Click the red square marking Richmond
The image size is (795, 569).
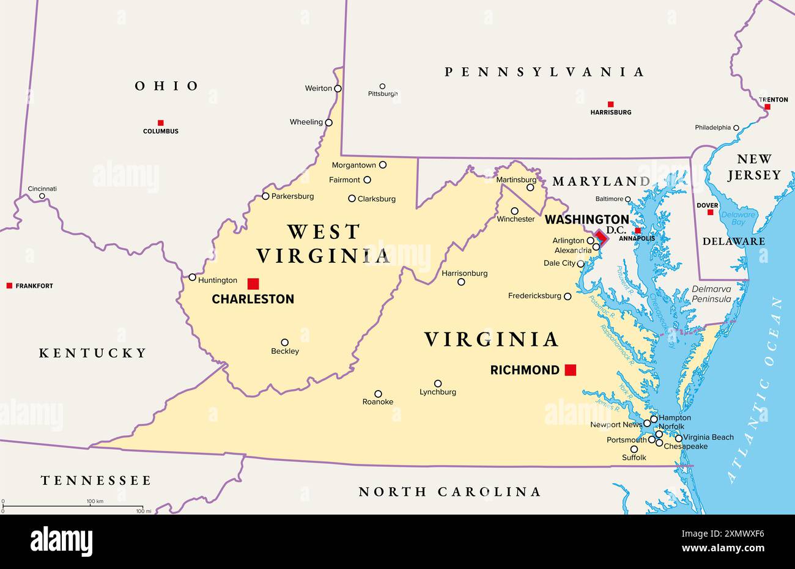pyautogui.click(x=570, y=370)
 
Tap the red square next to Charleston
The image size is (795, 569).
pyautogui.click(x=253, y=284)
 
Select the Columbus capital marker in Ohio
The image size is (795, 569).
pyautogui.click(x=161, y=122)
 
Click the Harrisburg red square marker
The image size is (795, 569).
pyautogui.click(x=610, y=104)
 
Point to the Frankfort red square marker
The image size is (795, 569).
pyautogui.click(x=9, y=285)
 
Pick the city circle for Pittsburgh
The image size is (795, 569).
pyautogui.click(x=382, y=86)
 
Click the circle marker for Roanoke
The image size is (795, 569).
pyautogui.click(x=378, y=394)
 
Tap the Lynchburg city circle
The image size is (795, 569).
pyautogui.click(x=438, y=383)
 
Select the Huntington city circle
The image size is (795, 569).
pyautogui.click(x=193, y=277)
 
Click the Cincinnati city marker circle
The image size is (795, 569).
pyautogui.click(x=42, y=196)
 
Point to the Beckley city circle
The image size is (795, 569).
pyautogui.click(x=284, y=342)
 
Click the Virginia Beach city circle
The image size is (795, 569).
pyautogui.click(x=678, y=438)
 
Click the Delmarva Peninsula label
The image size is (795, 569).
pyautogui.click(x=711, y=294)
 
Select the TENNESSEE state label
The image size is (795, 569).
pyautogui.click(x=96, y=480)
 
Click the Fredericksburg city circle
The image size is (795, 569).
pyautogui.click(x=568, y=296)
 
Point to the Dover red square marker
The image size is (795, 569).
pyautogui.click(x=710, y=213)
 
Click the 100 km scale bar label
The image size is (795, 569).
pyautogui.click(x=95, y=502)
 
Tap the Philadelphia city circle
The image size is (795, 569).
pyautogui.click(x=736, y=128)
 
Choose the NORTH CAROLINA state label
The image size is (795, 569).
pyautogui.click(x=449, y=491)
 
